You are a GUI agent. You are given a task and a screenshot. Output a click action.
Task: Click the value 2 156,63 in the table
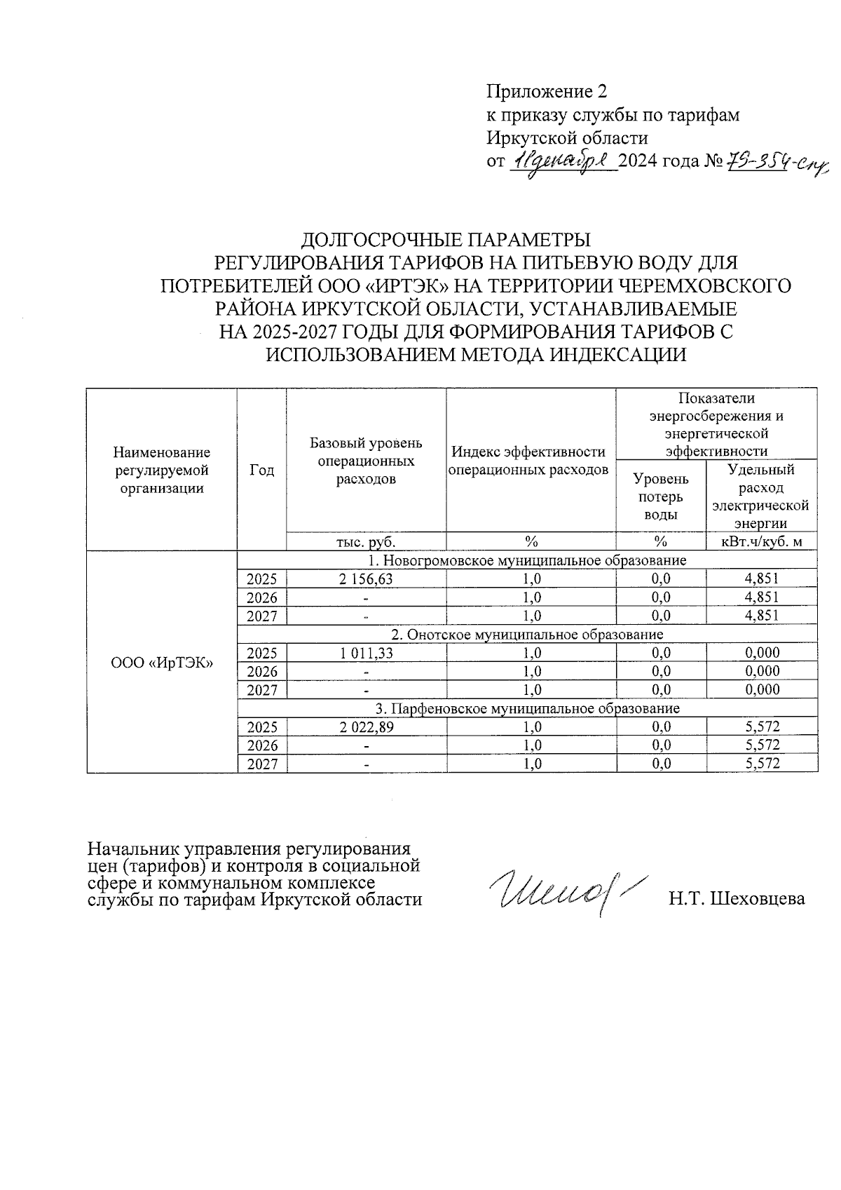[366, 579]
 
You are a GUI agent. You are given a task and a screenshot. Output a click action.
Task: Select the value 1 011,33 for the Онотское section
[366, 653]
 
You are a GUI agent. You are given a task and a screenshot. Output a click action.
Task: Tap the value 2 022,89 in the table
[366, 727]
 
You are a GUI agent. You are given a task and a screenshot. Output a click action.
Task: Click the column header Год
[261, 471]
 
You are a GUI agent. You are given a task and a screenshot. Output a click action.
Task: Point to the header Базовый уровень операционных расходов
[366, 461]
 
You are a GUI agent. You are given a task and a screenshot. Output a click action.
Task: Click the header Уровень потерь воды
[660, 496]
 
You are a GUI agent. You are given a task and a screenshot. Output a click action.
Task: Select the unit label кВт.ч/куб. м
[762, 541]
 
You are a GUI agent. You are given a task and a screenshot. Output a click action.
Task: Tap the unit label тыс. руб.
[366, 541]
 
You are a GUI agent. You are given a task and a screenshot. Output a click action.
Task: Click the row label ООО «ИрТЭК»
[162, 663]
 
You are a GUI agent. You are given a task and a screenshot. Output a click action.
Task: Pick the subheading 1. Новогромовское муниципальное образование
[527, 560]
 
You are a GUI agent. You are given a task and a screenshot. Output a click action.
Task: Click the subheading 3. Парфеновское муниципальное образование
[527, 708]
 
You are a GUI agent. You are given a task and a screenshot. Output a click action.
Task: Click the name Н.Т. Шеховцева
[737, 899]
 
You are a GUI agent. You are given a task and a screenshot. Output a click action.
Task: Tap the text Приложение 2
[546, 92]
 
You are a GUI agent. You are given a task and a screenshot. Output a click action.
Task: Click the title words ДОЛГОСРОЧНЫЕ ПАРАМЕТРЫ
[446, 240]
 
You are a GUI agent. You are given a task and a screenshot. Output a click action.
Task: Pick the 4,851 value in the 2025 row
[762, 579]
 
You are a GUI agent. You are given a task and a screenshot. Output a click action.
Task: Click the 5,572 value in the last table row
[762, 764]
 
